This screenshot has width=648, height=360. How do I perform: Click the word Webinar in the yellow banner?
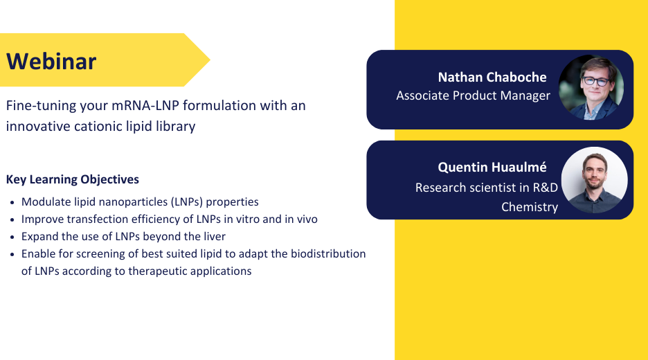[51, 61]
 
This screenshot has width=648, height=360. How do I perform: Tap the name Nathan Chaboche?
[492, 77]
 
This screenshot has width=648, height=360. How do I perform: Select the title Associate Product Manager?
[473, 96]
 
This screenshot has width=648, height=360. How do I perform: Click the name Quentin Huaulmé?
[492, 167]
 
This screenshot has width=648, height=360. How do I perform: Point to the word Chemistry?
[530, 207]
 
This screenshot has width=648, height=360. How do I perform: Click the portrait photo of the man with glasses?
[591, 88]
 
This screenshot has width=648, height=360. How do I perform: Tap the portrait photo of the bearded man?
[594, 180]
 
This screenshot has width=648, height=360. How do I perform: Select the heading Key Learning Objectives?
[72, 179]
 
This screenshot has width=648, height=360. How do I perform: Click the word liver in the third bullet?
[215, 236]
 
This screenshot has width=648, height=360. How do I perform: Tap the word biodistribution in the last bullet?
[328, 254]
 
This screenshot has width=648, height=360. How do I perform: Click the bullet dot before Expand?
[12, 237]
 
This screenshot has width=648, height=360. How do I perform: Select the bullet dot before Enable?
[12, 255]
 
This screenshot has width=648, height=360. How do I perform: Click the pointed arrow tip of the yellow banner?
[210, 60]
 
